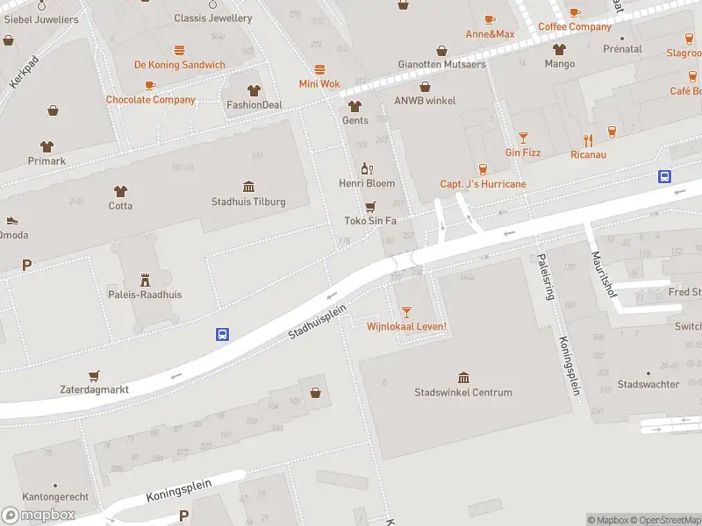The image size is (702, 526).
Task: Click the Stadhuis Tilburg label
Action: (x=248, y=202)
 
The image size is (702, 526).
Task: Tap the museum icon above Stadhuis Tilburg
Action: (x=248, y=187)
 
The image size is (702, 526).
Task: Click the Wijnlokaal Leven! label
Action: (x=406, y=327)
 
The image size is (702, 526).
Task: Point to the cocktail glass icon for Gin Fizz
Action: (x=523, y=138)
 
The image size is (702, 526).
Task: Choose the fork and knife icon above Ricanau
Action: (x=589, y=140)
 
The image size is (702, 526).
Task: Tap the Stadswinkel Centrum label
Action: (x=463, y=393)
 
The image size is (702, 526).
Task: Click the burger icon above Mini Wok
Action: (x=319, y=69)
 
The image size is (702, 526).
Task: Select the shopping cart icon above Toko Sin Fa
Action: (x=370, y=206)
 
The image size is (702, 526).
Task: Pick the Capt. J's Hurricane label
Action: (x=483, y=184)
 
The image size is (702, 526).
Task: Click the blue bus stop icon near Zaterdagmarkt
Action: (x=223, y=334)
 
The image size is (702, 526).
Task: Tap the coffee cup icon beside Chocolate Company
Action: (x=150, y=85)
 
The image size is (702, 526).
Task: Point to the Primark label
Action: (x=46, y=161)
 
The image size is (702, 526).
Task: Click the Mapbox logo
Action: (x=39, y=515)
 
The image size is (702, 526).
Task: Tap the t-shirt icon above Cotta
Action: (x=120, y=190)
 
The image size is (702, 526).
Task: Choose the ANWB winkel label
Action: (x=426, y=101)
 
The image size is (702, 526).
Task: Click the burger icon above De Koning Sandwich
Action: (x=179, y=50)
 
